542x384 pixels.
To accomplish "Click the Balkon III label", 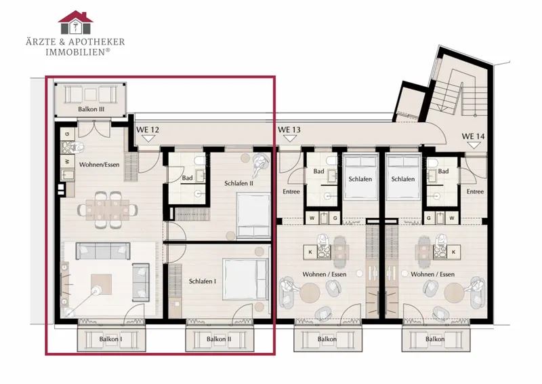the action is click(x=91, y=109).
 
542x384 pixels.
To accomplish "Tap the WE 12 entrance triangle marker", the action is click(x=148, y=138).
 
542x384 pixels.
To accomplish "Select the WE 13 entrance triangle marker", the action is click(x=290, y=138).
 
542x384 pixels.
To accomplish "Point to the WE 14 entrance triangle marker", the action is click(x=474, y=145).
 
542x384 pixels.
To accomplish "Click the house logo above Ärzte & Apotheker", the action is click(x=75, y=22).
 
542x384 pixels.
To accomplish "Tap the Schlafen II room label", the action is click(x=239, y=183).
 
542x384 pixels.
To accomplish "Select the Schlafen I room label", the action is click(x=203, y=281).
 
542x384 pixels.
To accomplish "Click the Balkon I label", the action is click(x=110, y=339).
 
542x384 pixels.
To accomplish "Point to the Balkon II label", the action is click(x=219, y=339).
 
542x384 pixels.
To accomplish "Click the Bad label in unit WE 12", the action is click(x=188, y=178).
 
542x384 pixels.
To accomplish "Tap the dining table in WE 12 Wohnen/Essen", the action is click(x=108, y=210).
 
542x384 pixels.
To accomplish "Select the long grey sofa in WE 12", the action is click(x=103, y=251).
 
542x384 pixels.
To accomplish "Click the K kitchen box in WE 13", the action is click(x=310, y=252).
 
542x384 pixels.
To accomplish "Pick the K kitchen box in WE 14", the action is click(x=453, y=252).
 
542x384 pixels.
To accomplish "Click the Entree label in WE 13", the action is click(x=291, y=191).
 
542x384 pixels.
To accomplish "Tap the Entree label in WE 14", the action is click(x=476, y=191).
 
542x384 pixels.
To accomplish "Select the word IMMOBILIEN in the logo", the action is click(x=75, y=52).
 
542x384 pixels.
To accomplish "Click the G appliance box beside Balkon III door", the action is click(x=67, y=134).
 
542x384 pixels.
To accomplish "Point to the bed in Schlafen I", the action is click(x=246, y=279).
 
